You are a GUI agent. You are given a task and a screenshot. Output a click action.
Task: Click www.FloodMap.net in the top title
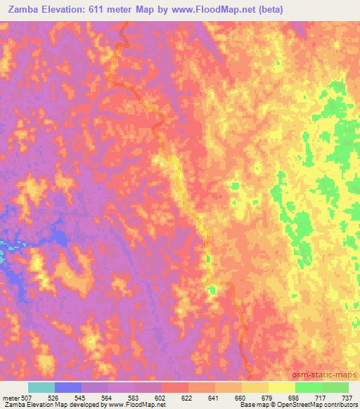(224, 10)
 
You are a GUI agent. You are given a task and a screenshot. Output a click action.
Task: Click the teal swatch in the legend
(41, 387)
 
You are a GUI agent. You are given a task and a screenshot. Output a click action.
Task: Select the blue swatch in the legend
(68, 387)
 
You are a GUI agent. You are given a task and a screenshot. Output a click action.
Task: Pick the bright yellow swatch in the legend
(282, 387)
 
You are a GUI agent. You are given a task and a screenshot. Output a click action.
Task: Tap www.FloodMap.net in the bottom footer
(136, 405)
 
